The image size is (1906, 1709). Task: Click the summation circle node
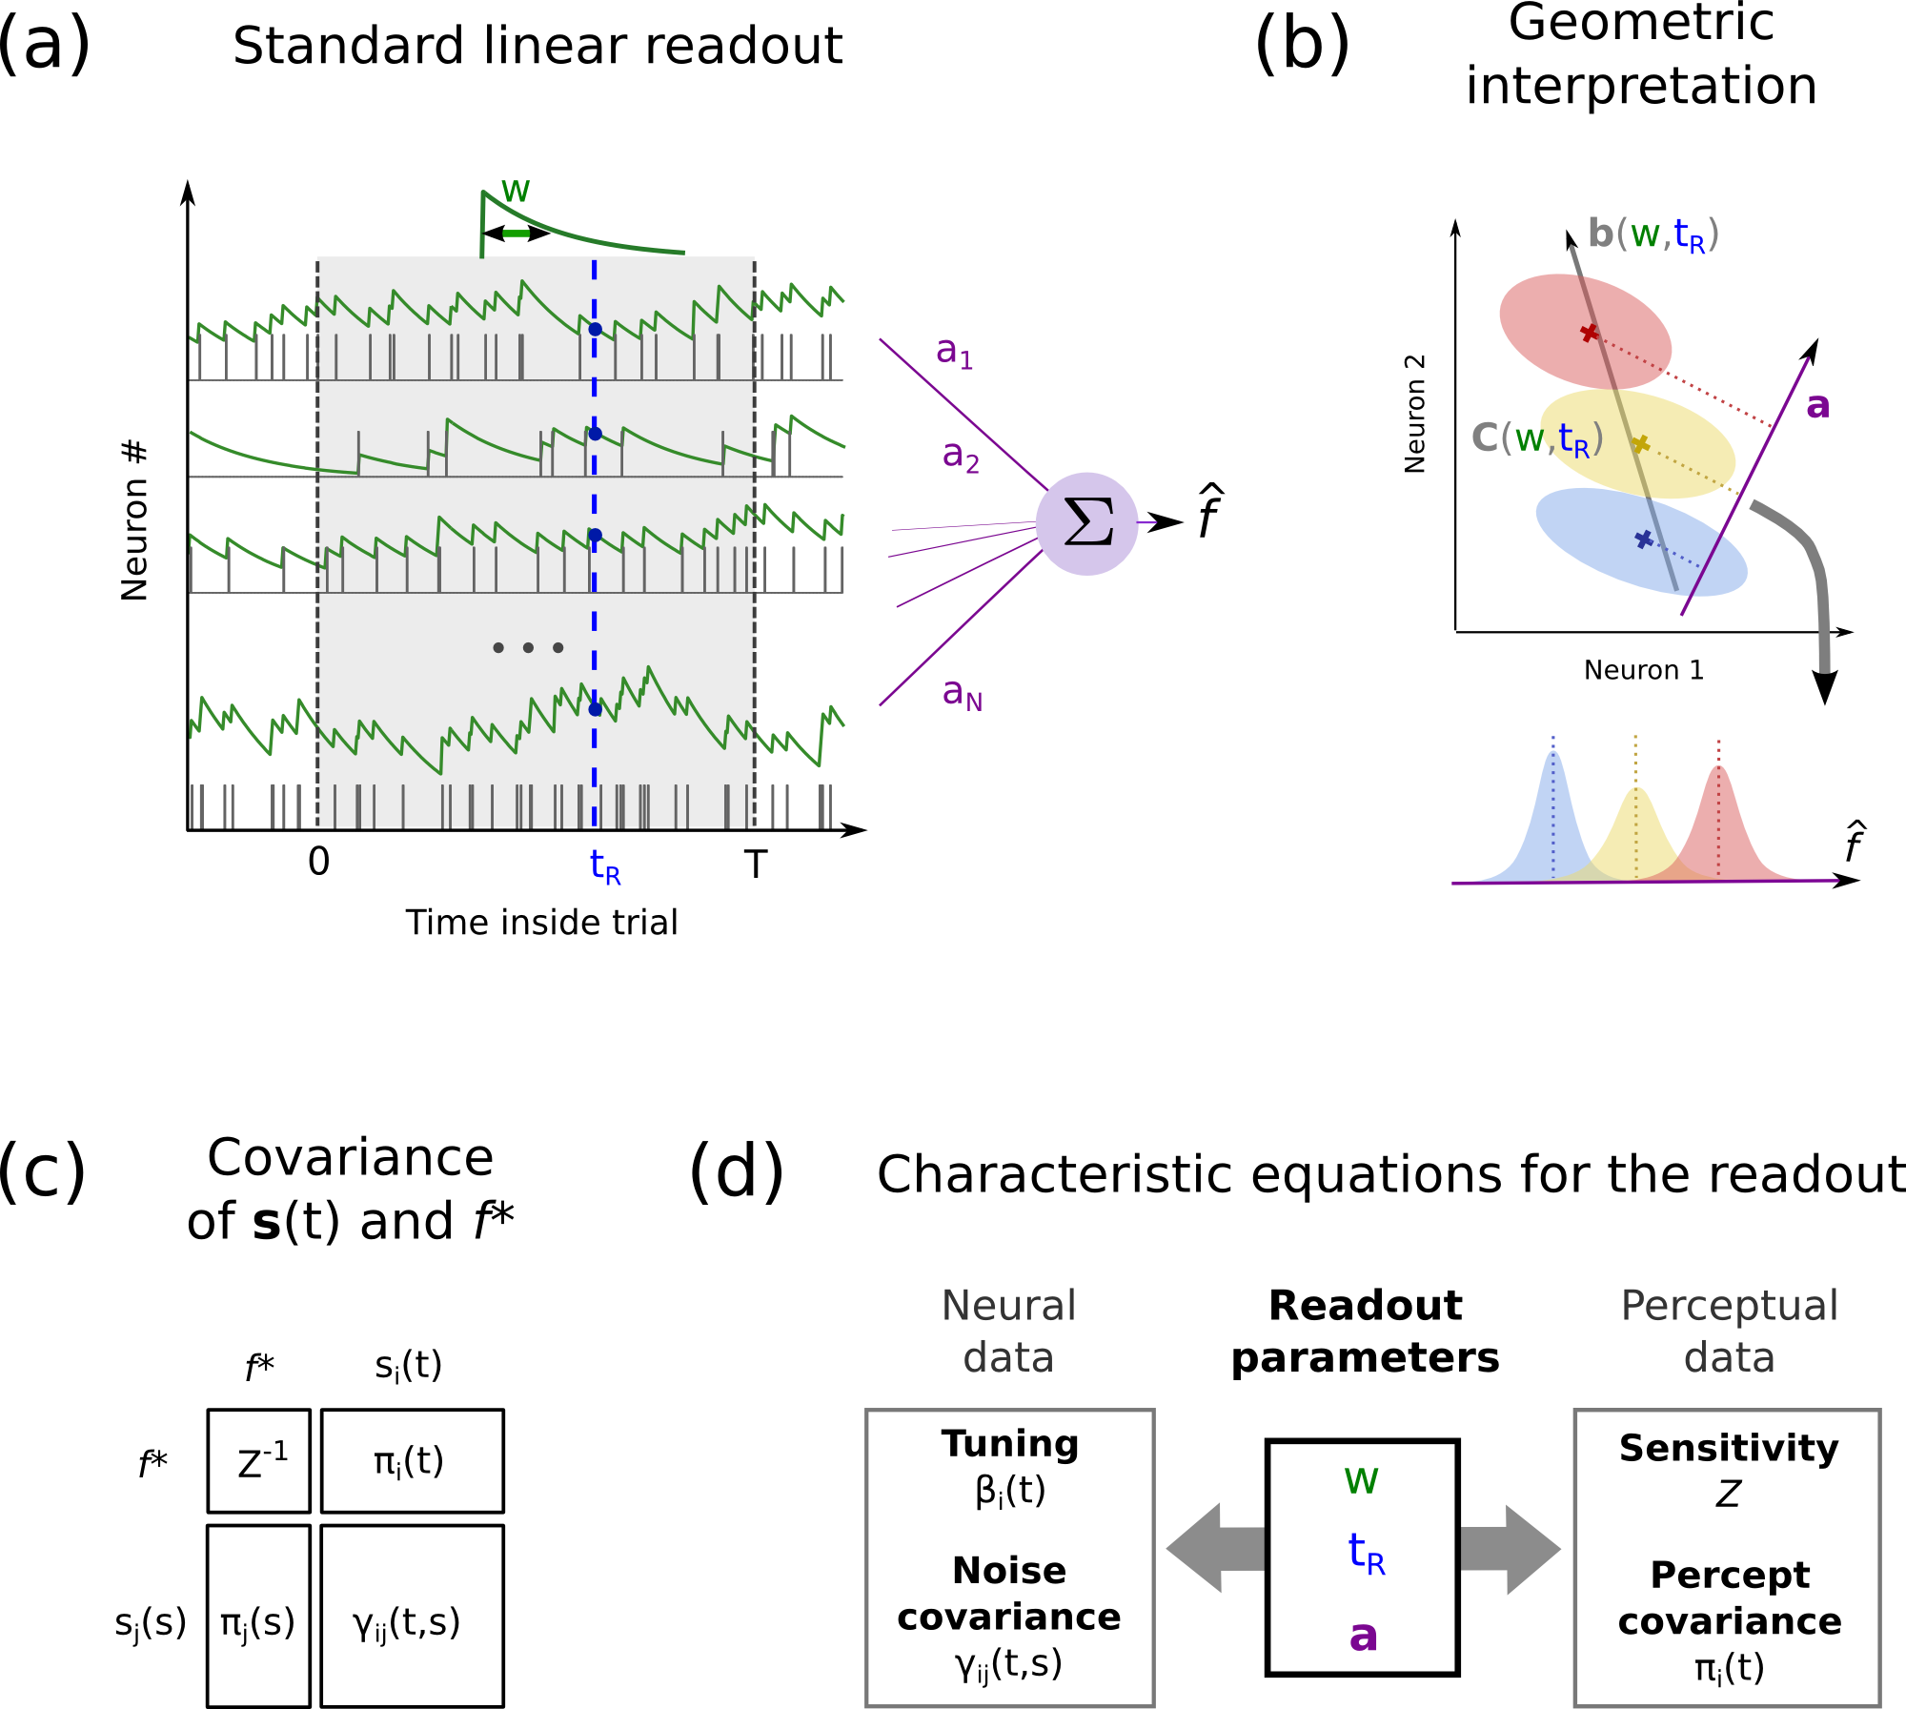1086,523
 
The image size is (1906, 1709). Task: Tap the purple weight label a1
954,352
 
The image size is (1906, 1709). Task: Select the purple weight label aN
961,693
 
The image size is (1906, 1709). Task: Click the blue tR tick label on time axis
604,865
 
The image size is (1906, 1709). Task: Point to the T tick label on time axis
755,864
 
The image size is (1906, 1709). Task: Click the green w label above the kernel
516,190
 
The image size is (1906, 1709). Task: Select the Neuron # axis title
134,520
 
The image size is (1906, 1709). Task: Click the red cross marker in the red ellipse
1589,333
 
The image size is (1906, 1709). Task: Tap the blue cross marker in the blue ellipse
1644,539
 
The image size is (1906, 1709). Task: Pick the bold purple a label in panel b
1817,406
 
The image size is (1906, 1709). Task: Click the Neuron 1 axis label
1643,670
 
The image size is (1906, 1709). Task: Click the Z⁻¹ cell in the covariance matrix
259,1460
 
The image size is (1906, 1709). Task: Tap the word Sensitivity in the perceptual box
1728,1448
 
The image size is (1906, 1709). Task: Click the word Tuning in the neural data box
1010,1443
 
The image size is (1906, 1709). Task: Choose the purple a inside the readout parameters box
1363,1635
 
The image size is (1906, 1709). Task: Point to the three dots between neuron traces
528,647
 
